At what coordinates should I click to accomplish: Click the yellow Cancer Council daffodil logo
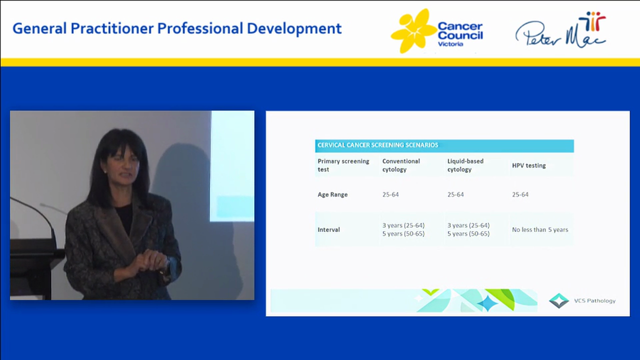click(413, 30)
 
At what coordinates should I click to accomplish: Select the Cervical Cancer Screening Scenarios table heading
click(378, 145)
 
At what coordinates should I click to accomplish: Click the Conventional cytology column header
click(401, 165)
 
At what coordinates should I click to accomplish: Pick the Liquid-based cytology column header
click(465, 165)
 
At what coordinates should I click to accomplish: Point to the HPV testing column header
click(529, 165)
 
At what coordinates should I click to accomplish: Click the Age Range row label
click(332, 194)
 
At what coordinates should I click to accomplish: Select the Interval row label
click(328, 230)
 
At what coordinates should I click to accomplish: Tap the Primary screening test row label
click(343, 165)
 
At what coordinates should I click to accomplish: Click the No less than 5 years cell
click(540, 230)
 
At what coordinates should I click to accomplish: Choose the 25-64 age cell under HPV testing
click(520, 194)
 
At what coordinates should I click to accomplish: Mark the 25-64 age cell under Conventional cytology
click(390, 194)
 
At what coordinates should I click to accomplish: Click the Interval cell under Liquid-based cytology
click(468, 230)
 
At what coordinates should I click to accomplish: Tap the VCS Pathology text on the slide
click(594, 301)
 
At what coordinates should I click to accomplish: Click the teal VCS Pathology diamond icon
click(558, 300)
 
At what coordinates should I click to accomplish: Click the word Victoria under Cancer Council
click(450, 44)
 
